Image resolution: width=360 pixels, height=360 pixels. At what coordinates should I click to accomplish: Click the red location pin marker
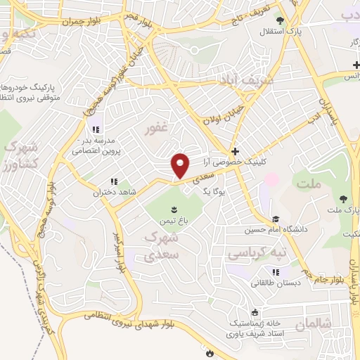[x=181, y=166]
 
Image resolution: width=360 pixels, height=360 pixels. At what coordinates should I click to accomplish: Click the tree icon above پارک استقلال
[x=281, y=20]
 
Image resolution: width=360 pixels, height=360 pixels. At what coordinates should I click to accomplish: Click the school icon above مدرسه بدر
[x=96, y=129]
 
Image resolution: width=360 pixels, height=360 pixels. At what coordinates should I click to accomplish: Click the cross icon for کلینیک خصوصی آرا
[x=235, y=152]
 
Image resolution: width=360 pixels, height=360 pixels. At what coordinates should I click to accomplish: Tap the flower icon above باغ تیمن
[x=174, y=209]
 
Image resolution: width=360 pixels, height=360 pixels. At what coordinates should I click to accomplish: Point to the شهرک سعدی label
[x=161, y=247]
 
